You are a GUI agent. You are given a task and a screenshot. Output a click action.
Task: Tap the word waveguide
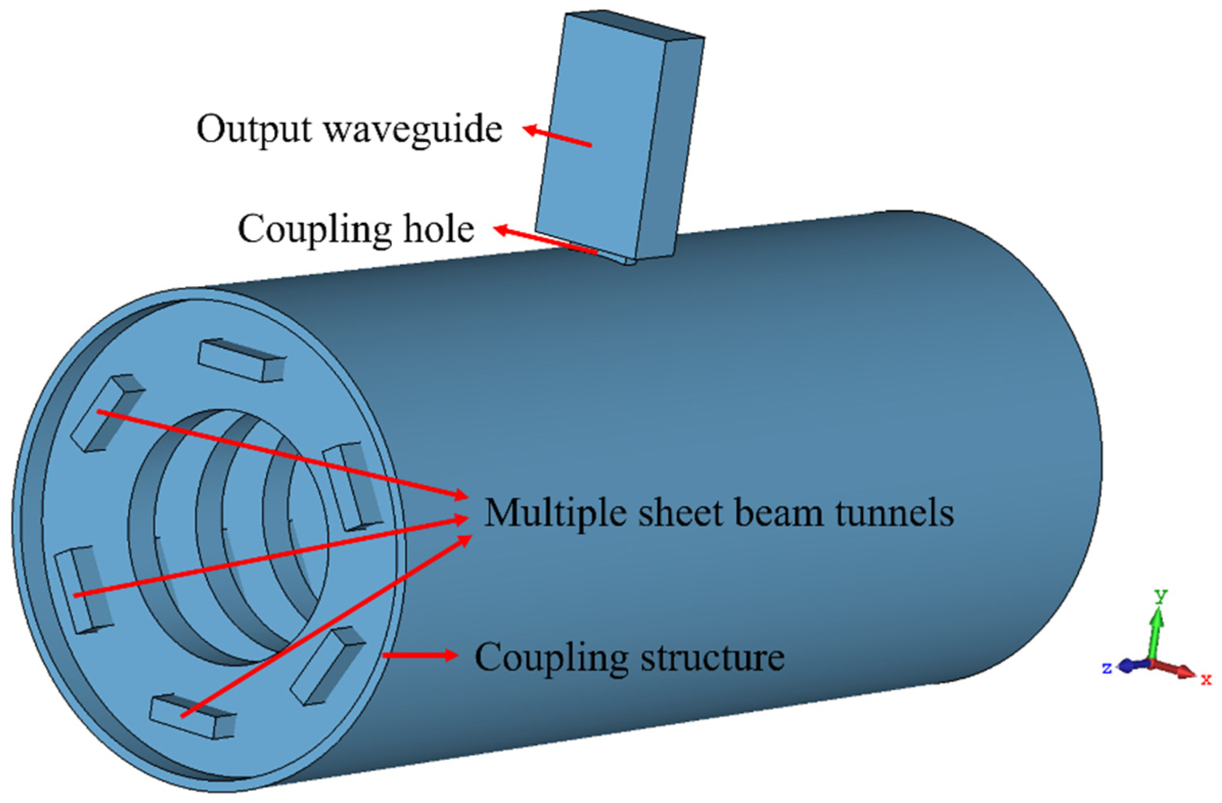[413, 129]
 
